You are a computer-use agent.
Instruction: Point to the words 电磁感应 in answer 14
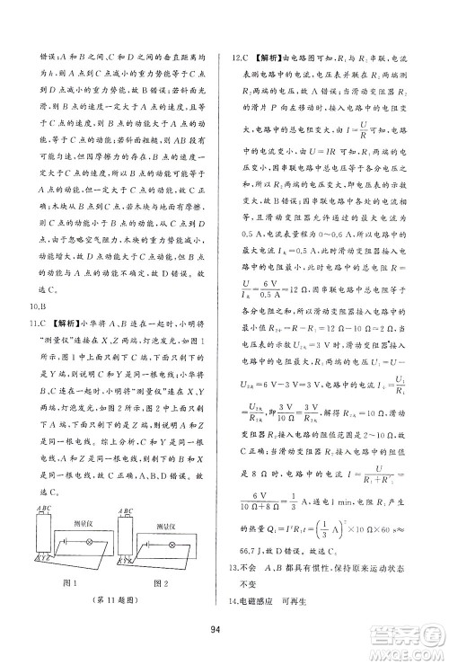[x=265, y=598]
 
